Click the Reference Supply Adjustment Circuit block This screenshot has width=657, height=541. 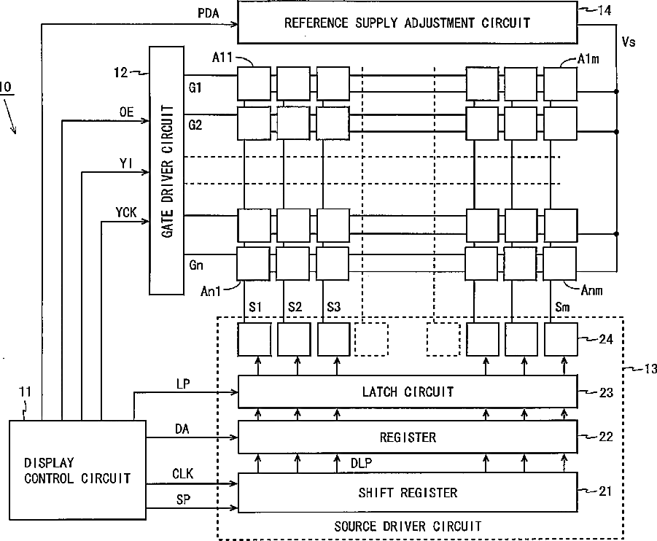tap(407, 22)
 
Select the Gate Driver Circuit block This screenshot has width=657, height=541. tap(167, 171)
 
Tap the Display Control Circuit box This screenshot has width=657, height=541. tap(77, 470)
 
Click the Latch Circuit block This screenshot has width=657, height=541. tap(407, 392)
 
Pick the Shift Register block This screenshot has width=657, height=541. tap(407, 493)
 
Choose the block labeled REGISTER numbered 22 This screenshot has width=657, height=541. tap(407, 437)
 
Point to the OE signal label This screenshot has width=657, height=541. tap(126, 111)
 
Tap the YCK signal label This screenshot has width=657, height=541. tap(125, 211)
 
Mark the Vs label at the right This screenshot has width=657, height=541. tap(627, 42)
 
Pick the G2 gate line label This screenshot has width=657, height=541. tap(195, 125)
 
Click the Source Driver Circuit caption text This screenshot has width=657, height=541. tap(407, 526)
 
